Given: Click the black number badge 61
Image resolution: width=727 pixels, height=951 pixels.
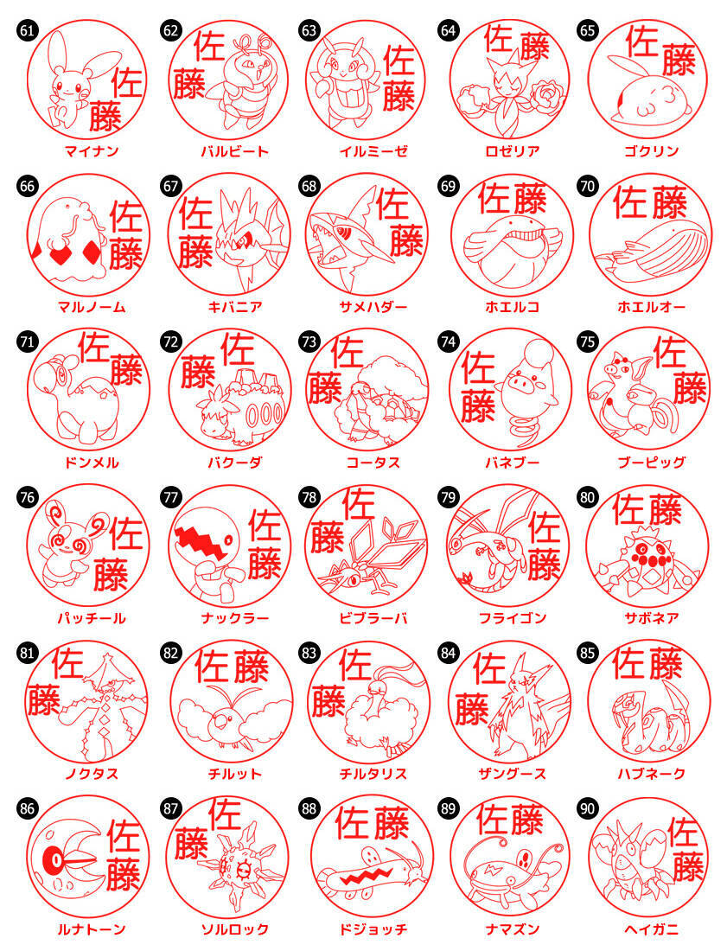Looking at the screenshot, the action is click(27, 30).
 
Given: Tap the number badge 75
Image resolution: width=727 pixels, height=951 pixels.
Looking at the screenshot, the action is click(587, 341).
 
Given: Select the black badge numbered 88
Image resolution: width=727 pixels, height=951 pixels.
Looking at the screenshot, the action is click(309, 808).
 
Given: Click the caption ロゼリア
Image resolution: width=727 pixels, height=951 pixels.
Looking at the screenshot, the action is click(513, 151).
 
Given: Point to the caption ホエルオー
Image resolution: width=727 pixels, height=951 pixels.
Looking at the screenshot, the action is click(651, 307).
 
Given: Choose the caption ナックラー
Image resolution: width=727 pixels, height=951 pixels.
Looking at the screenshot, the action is click(234, 618).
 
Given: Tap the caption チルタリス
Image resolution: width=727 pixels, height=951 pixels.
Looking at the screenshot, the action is click(373, 773).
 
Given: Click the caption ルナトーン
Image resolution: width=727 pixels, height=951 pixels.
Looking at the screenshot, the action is click(91, 929).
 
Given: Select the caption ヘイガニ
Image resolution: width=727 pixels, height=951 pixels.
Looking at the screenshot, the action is click(651, 929).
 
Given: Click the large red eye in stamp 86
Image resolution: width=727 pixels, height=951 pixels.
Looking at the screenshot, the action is click(55, 859).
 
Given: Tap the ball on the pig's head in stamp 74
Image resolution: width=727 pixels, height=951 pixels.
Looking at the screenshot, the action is click(537, 352).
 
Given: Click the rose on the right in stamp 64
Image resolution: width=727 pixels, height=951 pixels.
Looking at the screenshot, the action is click(547, 96).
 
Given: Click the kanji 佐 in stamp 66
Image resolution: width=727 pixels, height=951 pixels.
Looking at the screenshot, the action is click(125, 216).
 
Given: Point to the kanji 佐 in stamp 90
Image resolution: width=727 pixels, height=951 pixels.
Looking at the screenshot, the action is click(685, 832).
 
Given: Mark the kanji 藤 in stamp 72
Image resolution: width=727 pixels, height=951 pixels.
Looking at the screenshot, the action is click(198, 371).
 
